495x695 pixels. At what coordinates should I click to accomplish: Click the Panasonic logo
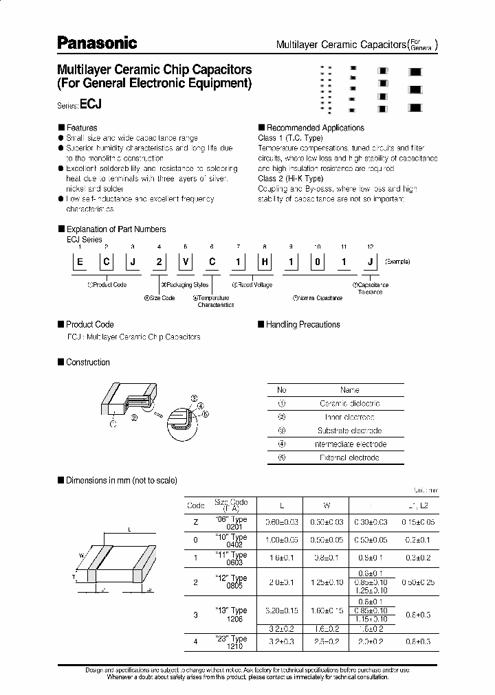pyautogui.click(x=96, y=43)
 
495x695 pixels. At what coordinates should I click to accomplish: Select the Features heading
pyautogui.click(x=81, y=128)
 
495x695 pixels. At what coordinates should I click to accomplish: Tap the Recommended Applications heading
pyautogui.click(x=315, y=128)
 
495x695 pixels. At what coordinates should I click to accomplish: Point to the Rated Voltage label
pyautogui.click(x=252, y=284)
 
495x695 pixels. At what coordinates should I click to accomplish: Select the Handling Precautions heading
pyautogui.click(x=302, y=324)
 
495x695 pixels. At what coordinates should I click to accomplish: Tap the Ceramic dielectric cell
pyautogui.click(x=349, y=404)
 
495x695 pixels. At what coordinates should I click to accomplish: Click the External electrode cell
pyautogui.click(x=349, y=457)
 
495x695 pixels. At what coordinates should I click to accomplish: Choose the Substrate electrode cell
pyautogui.click(x=349, y=431)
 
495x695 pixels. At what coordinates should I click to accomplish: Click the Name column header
pyautogui.click(x=349, y=390)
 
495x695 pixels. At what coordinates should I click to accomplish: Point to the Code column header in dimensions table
pyautogui.click(x=196, y=505)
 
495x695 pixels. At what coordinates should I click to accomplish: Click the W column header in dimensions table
pyautogui.click(x=327, y=505)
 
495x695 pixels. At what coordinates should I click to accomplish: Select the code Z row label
pyautogui.click(x=196, y=523)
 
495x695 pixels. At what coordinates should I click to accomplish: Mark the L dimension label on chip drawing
pyautogui.click(x=129, y=529)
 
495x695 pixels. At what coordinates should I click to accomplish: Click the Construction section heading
pyautogui.click(x=87, y=362)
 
